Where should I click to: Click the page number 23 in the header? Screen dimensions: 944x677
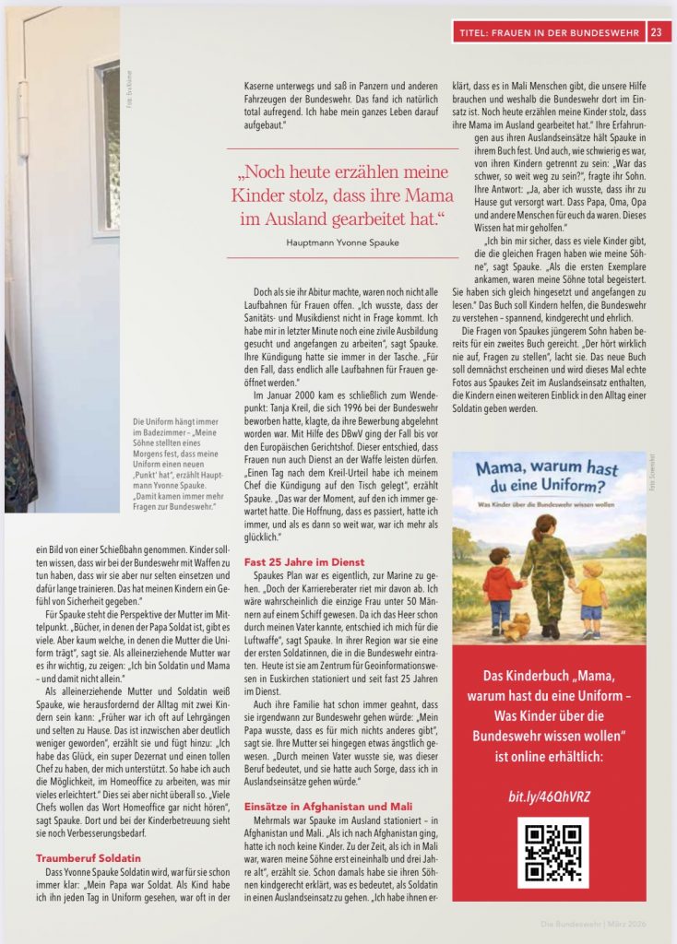(x=656, y=33)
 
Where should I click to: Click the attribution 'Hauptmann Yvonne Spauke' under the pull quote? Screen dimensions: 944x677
(x=342, y=242)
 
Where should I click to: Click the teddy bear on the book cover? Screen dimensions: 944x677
(x=517, y=626)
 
